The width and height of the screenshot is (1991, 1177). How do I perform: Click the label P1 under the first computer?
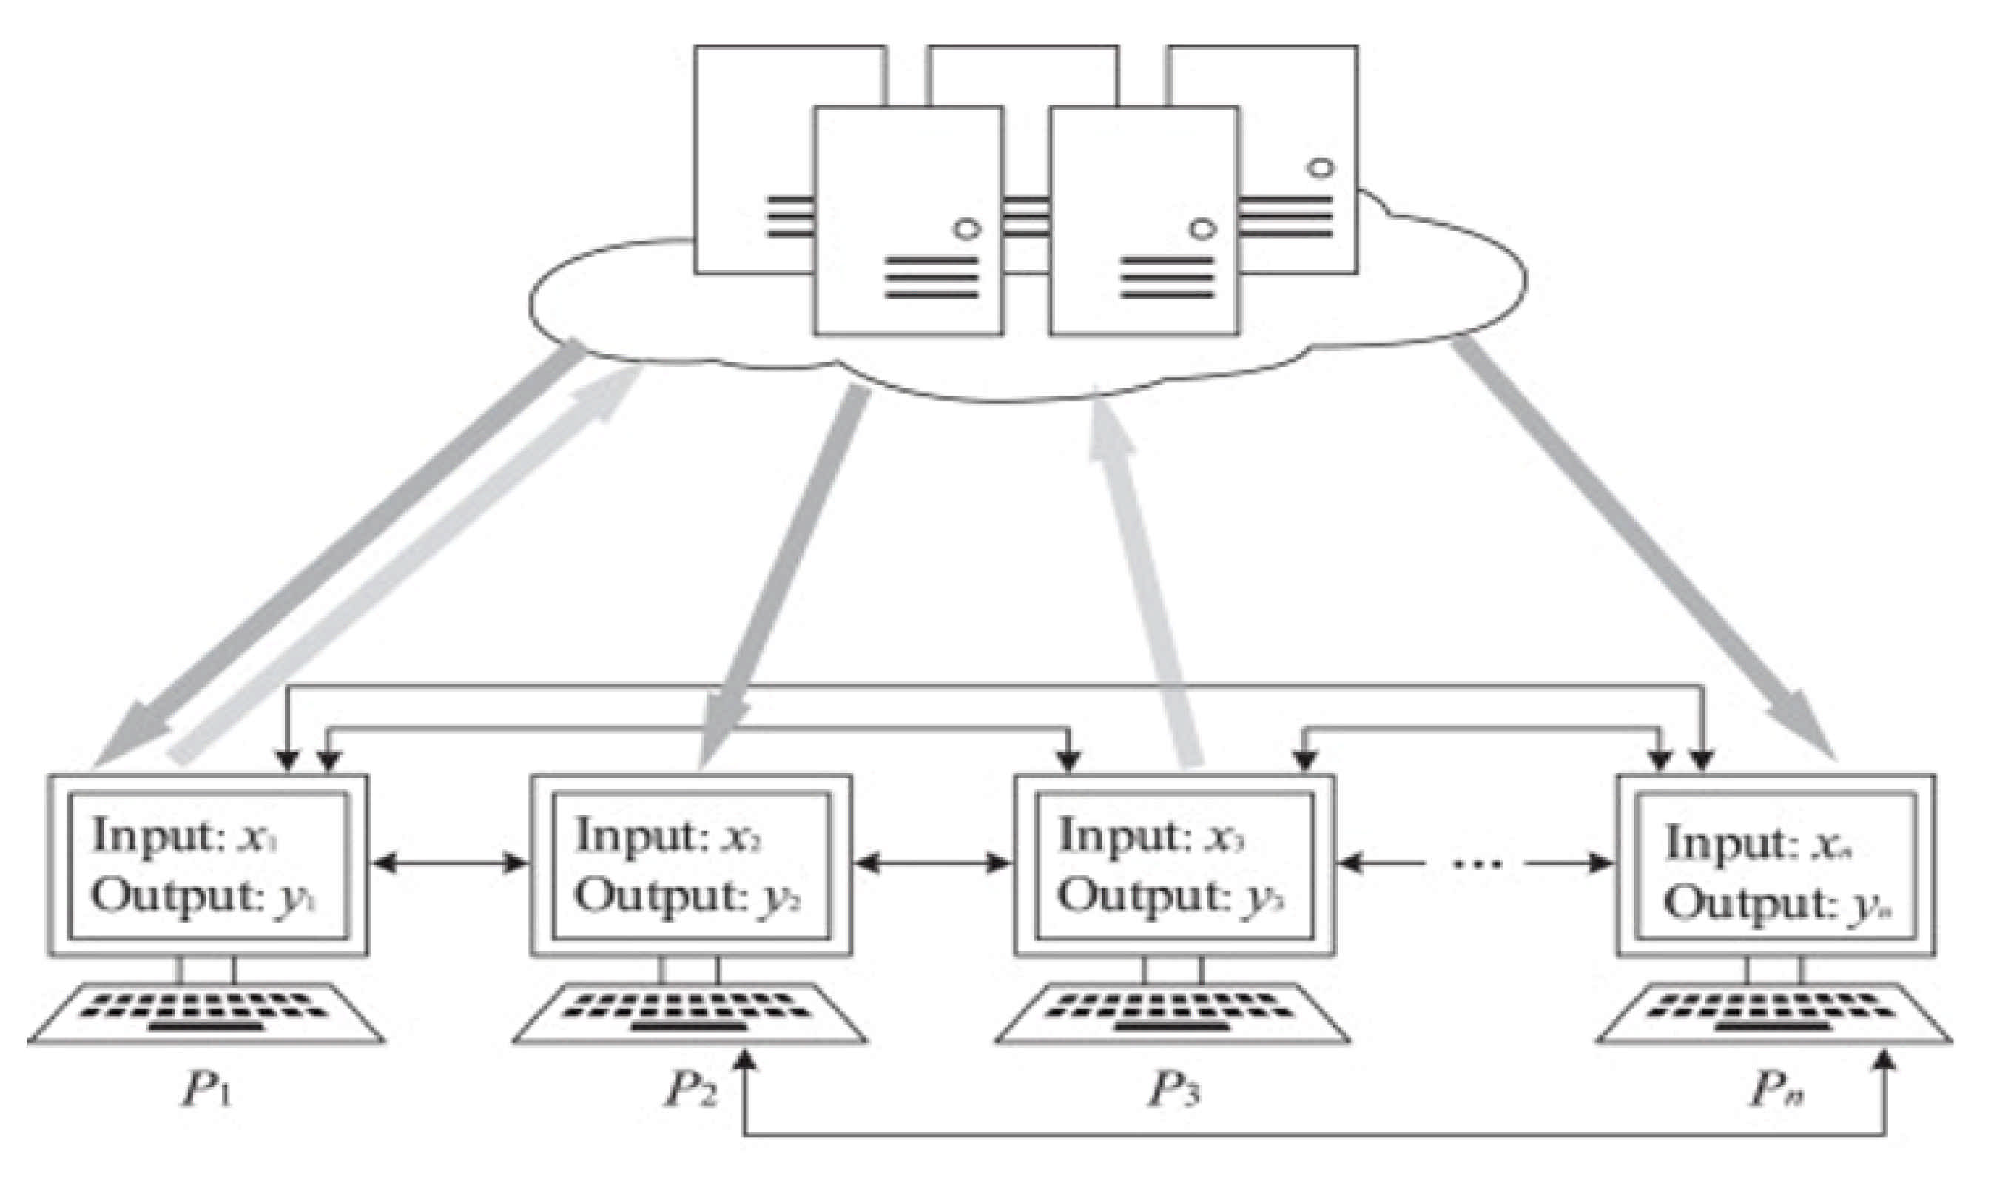click(x=208, y=1090)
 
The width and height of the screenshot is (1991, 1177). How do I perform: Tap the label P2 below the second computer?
click(x=690, y=1090)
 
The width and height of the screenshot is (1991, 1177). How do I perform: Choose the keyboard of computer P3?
click(x=1173, y=1015)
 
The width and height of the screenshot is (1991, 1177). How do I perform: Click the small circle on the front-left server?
click(x=967, y=229)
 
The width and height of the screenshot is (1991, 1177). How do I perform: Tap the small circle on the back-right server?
click(x=1321, y=168)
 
